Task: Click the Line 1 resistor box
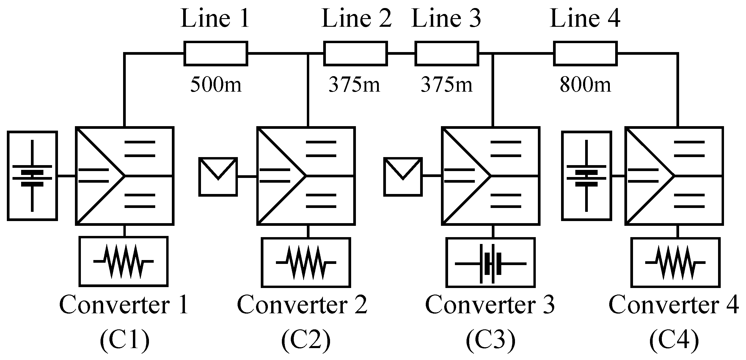tap(216, 54)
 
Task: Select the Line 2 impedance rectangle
tap(355, 54)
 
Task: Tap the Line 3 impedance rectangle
tap(447, 54)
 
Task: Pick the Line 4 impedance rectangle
tap(585, 54)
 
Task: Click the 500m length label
tap(216, 85)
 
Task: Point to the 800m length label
tap(585, 85)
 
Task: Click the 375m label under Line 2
tap(354, 85)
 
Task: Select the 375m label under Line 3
tap(447, 85)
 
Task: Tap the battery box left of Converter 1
tap(32, 176)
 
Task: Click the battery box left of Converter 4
tap(586, 176)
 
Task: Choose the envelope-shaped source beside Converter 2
tap(218, 177)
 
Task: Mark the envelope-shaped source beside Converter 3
tap(403, 177)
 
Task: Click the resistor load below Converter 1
tap(123, 262)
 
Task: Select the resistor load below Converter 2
tap(306, 262)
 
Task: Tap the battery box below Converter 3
tap(491, 262)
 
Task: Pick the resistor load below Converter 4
tap(675, 262)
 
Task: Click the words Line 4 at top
tap(585, 18)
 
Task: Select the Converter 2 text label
tap(302, 306)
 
